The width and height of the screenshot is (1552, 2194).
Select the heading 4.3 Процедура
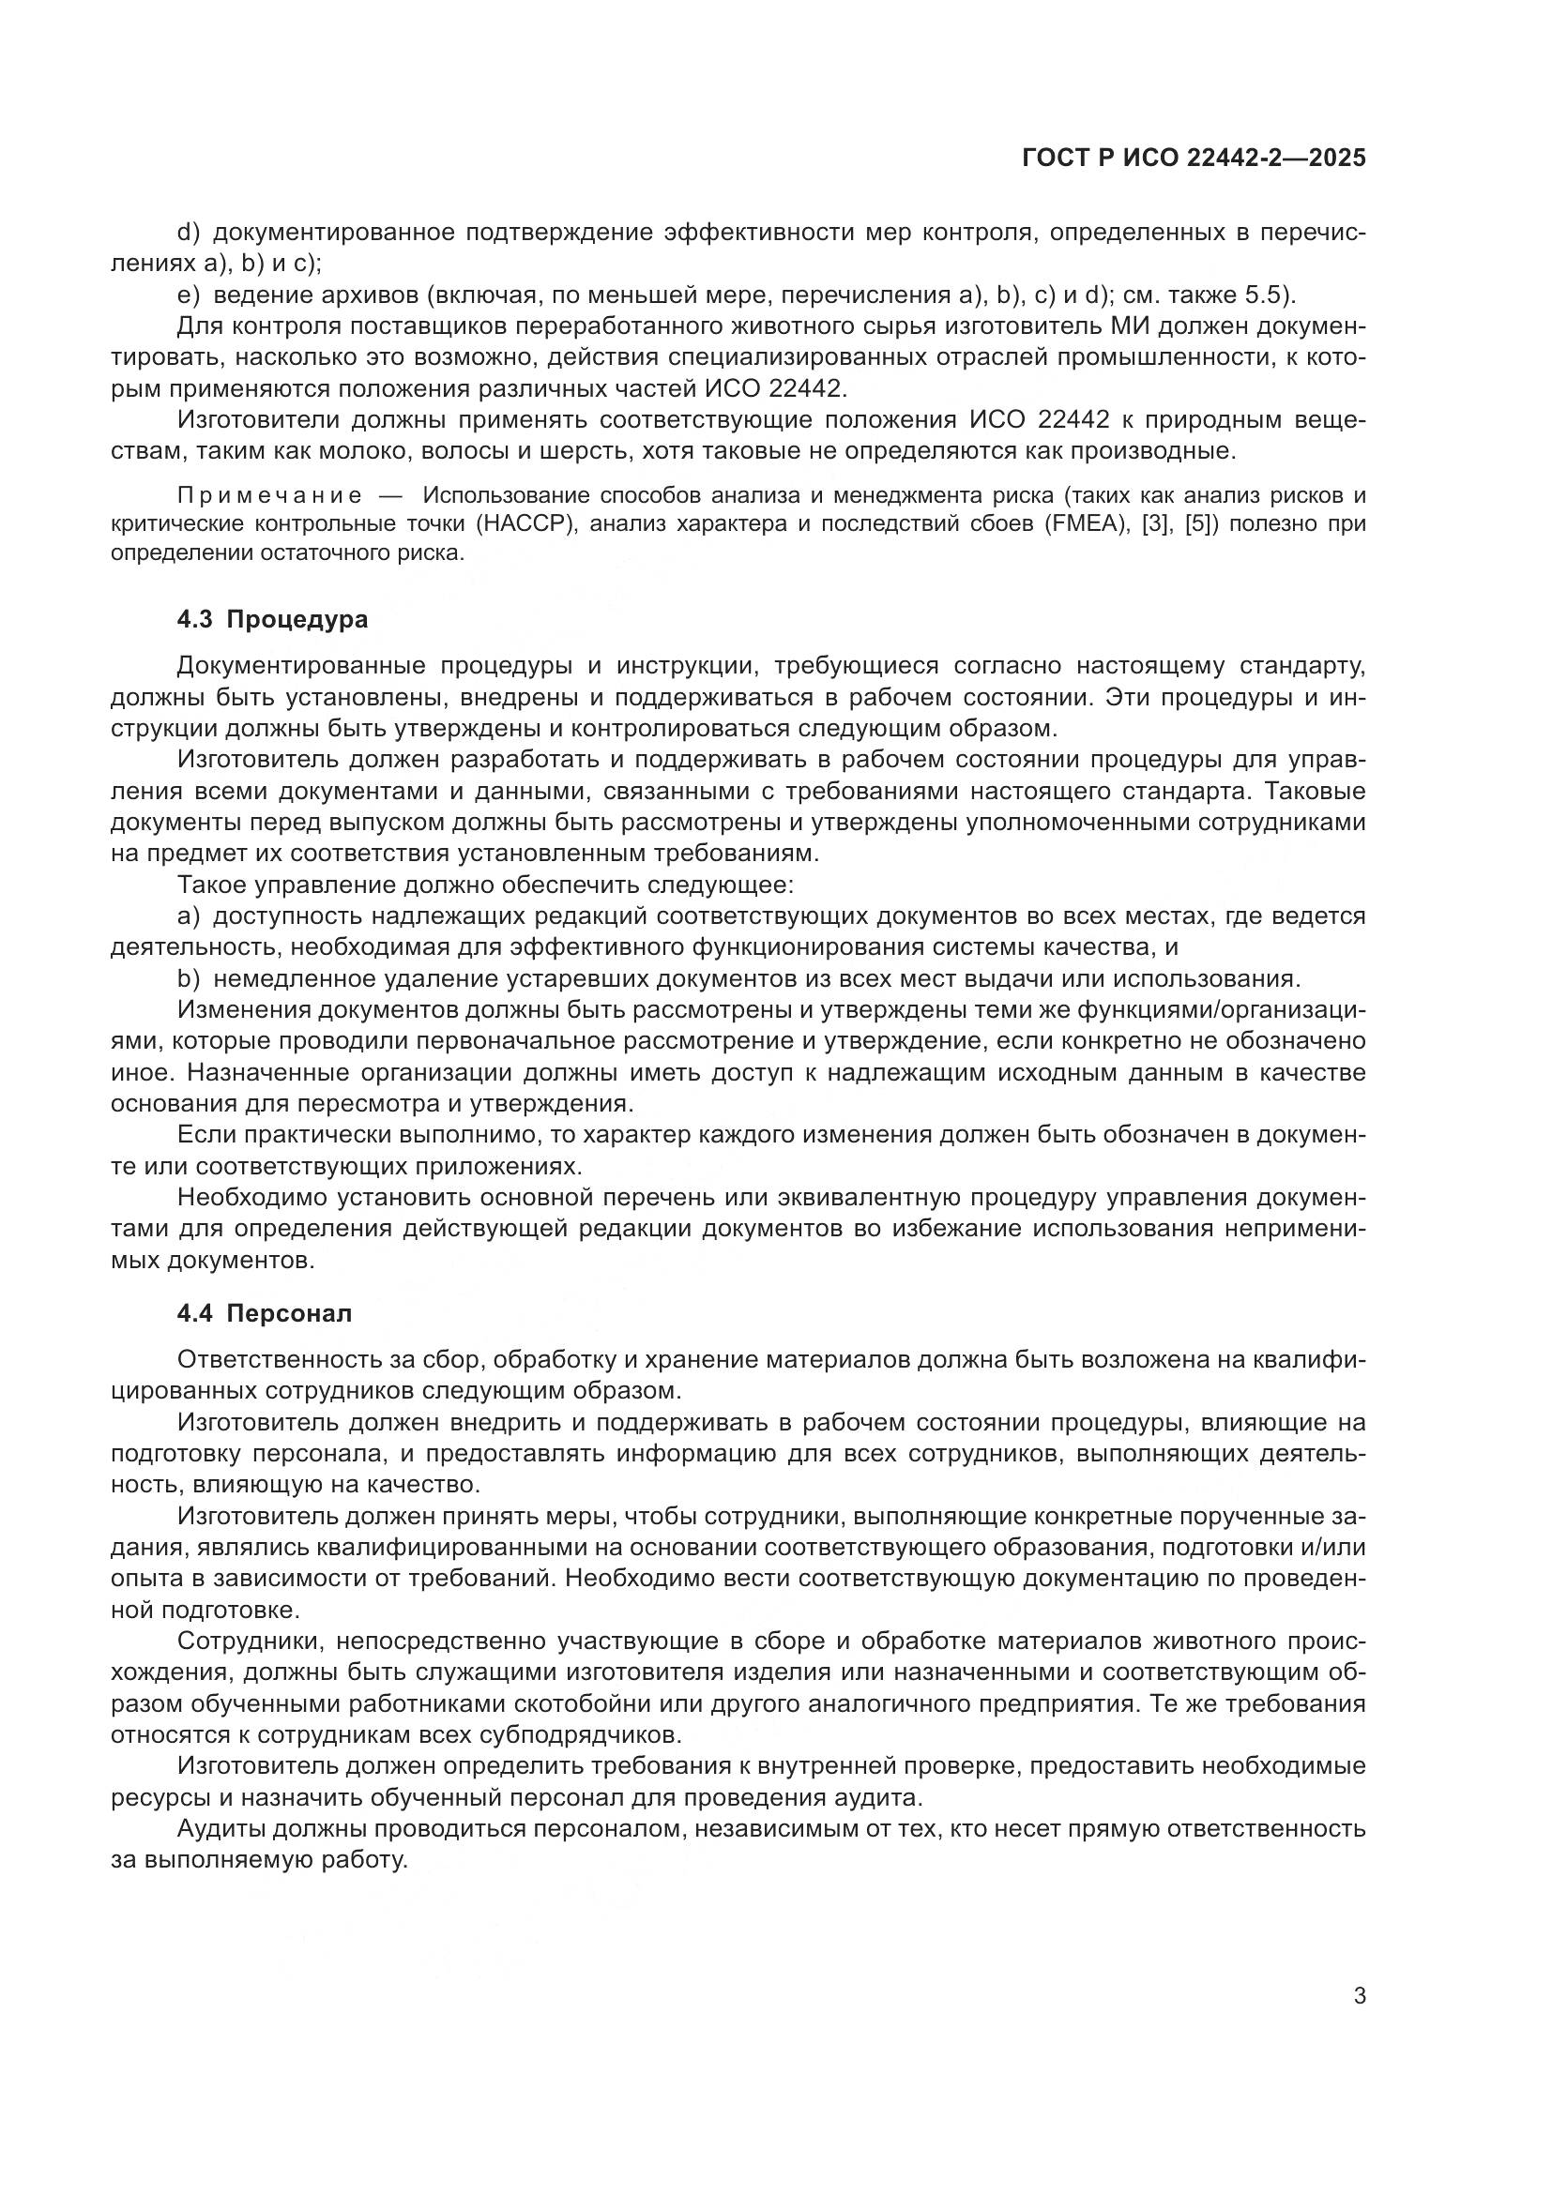pos(272,619)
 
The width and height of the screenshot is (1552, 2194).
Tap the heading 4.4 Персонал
pos(264,1313)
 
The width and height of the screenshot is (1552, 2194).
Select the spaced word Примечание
pos(269,495)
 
